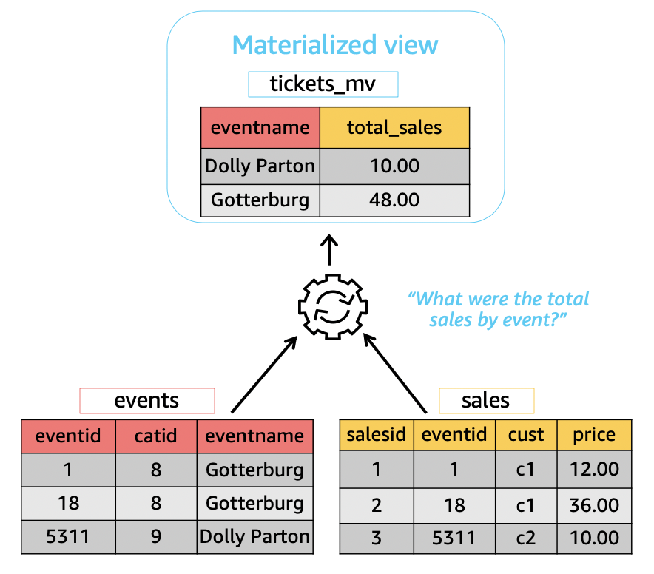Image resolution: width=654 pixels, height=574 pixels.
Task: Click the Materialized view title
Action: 335,44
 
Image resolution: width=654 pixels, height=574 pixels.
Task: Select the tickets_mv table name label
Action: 323,84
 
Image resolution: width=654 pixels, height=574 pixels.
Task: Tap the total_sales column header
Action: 394,127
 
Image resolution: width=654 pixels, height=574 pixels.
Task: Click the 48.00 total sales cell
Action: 394,200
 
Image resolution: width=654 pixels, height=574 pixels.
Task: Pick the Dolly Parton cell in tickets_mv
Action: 260,165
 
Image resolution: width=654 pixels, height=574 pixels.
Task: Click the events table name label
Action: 146,400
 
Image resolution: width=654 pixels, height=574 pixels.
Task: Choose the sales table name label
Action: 485,400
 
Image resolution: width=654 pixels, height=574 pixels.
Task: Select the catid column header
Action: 155,435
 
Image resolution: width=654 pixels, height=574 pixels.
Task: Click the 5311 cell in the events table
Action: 68,536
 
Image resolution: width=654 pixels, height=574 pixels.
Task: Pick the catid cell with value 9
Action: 155,536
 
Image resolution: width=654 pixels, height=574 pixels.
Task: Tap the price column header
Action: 594,434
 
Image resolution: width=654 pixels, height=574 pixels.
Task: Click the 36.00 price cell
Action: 594,504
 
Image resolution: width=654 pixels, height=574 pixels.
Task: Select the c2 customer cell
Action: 526,538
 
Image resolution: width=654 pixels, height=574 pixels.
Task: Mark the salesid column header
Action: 376,434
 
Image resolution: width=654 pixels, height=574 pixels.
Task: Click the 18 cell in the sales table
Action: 454,504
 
